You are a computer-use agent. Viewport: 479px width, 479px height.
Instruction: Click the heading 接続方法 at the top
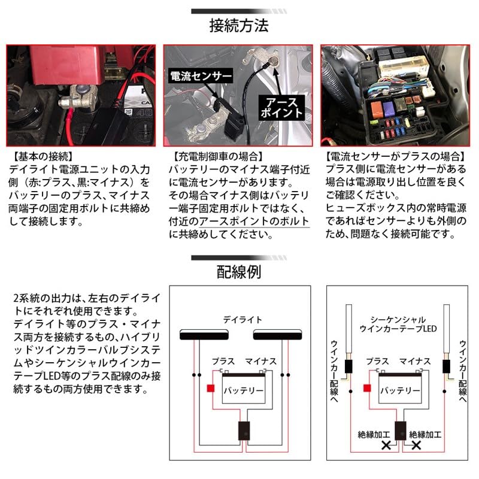(x=239, y=26)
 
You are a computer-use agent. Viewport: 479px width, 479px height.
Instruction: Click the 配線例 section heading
(x=239, y=272)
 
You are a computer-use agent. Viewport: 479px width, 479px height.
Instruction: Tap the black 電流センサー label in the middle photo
(x=201, y=76)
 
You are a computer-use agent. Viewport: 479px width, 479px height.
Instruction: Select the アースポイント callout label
(x=280, y=107)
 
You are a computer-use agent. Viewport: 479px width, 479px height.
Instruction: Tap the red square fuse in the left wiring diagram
(x=210, y=387)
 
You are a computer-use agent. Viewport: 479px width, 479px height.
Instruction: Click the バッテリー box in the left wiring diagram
(x=243, y=390)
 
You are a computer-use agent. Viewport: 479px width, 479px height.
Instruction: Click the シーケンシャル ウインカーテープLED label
(x=398, y=324)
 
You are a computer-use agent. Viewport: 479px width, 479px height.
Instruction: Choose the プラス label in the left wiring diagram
(x=225, y=361)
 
